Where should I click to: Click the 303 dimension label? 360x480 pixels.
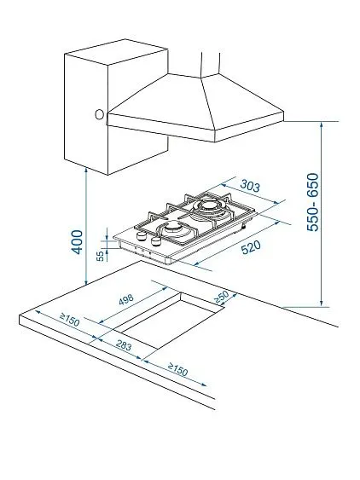click(250, 186)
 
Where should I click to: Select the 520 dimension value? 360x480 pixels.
click(251, 247)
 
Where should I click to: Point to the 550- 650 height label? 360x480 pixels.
click(313, 202)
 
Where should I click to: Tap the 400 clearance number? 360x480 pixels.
click(77, 242)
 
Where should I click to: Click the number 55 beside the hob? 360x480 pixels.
click(100, 256)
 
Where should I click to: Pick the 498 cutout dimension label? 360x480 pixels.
click(126, 300)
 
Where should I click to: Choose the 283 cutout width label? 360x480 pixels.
click(124, 345)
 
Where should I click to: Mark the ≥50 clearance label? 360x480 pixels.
click(221, 297)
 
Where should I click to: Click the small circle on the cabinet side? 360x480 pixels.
click(99, 114)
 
